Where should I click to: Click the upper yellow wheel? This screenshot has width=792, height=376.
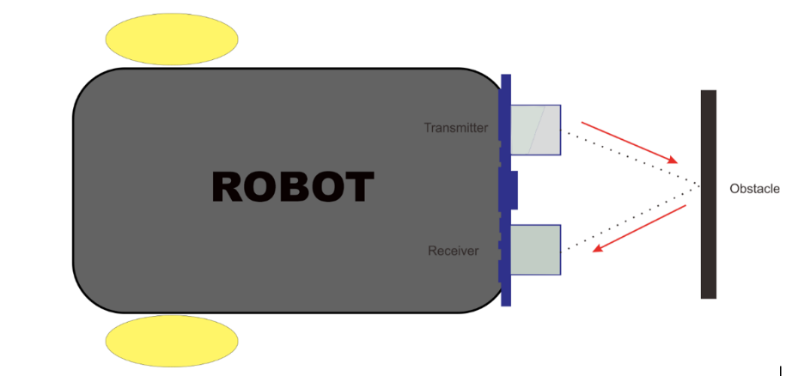pyautogui.click(x=171, y=38)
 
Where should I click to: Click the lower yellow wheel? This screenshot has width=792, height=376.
pyautogui.click(x=171, y=341)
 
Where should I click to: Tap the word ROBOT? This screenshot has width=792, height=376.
pyautogui.click(x=292, y=187)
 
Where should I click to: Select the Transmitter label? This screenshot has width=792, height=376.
pyautogui.click(x=455, y=128)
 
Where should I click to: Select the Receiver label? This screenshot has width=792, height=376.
pyautogui.click(x=453, y=251)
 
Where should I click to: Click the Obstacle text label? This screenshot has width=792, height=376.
pyautogui.click(x=754, y=189)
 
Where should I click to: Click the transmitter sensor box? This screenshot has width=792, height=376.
pyautogui.click(x=536, y=130)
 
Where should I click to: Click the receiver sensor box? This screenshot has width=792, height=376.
pyautogui.click(x=536, y=250)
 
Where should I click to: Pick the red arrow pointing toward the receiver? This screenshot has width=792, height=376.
pyautogui.click(x=640, y=228)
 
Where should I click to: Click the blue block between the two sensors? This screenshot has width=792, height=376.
pyautogui.click(x=509, y=190)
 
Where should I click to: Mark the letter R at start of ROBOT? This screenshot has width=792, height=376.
pyautogui.click(x=229, y=187)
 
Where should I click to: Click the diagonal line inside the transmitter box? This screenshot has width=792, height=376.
pyautogui.click(x=537, y=130)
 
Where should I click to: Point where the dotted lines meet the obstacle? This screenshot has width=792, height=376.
pyautogui.click(x=699, y=187)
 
